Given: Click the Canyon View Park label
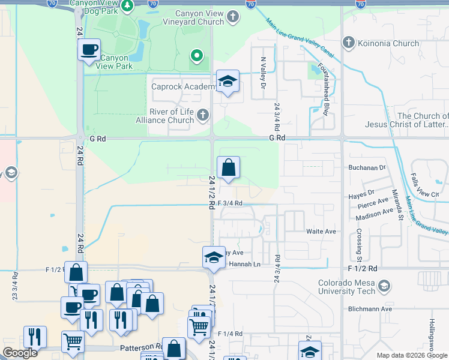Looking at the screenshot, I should click(x=114, y=62).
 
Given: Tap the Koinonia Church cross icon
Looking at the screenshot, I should click(x=348, y=43).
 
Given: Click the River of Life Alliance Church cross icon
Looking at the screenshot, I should click(x=203, y=115).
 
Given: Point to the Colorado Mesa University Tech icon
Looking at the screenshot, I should click(x=385, y=287).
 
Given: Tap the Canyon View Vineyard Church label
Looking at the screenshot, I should click(x=208, y=18).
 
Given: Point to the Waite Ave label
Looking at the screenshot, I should click(x=321, y=231).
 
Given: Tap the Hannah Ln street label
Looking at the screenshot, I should click(x=248, y=264).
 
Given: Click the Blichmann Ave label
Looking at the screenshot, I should click(x=370, y=309).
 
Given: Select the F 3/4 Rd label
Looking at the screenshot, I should click(x=230, y=203).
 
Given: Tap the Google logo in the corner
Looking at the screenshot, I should click(x=20, y=353).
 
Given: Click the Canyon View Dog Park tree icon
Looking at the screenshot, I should click(x=127, y=6).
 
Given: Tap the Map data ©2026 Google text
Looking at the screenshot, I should click(x=411, y=355).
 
